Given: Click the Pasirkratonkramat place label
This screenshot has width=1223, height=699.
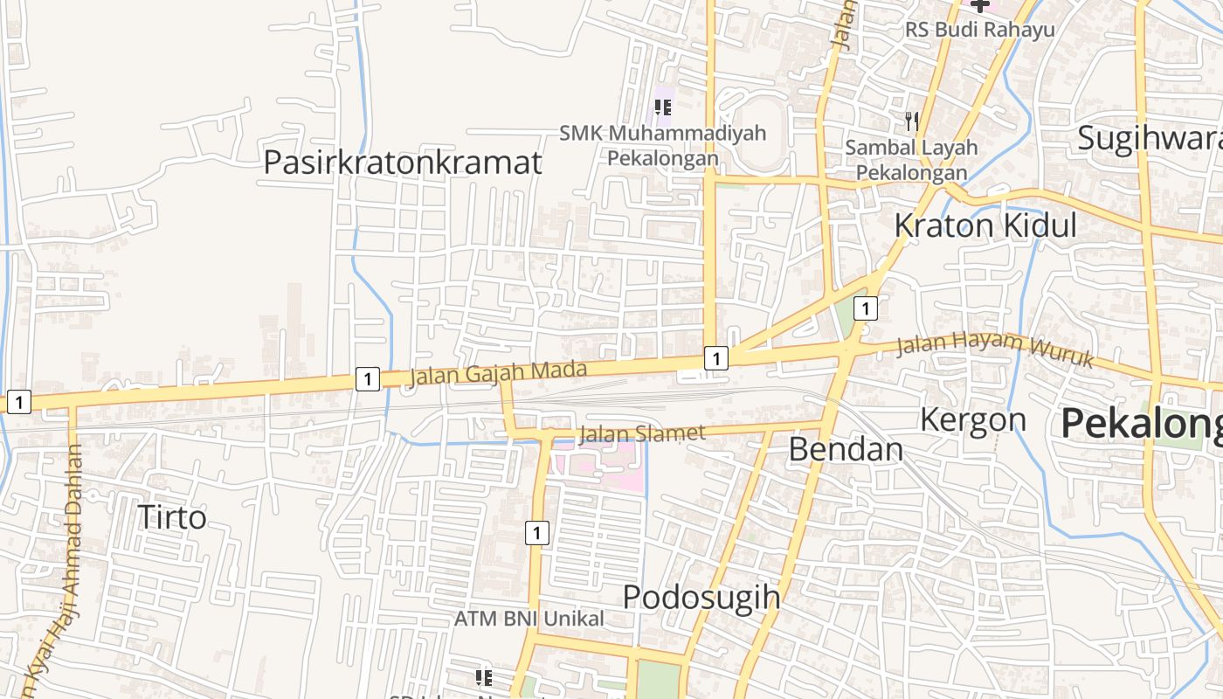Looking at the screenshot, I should pos(403,163).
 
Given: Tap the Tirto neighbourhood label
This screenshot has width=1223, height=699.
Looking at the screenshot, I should pos(172,517).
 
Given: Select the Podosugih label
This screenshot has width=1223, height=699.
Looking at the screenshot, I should pos(701,598).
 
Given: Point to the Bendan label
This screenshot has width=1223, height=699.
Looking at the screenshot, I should pos(846,449).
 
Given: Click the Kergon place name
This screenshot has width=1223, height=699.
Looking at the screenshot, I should pos(972,420).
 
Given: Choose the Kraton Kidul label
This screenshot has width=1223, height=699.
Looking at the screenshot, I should pos(985,225).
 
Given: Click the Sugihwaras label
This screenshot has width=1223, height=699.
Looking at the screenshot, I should pos(1149,138).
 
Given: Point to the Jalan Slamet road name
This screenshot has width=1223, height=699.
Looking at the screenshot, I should pos(641,433).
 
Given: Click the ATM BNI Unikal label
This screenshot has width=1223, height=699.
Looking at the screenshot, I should pos(529,619).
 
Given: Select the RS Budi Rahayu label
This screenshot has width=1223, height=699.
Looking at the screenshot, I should pos(979,30).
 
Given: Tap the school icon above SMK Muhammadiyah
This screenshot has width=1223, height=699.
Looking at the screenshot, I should pos(663,107).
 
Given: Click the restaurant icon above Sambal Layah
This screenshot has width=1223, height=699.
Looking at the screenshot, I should pos(912,121).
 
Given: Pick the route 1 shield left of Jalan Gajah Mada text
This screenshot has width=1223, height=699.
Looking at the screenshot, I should pos(368,379).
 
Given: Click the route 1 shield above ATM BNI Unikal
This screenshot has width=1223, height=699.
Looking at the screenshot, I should pos(537,532).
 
